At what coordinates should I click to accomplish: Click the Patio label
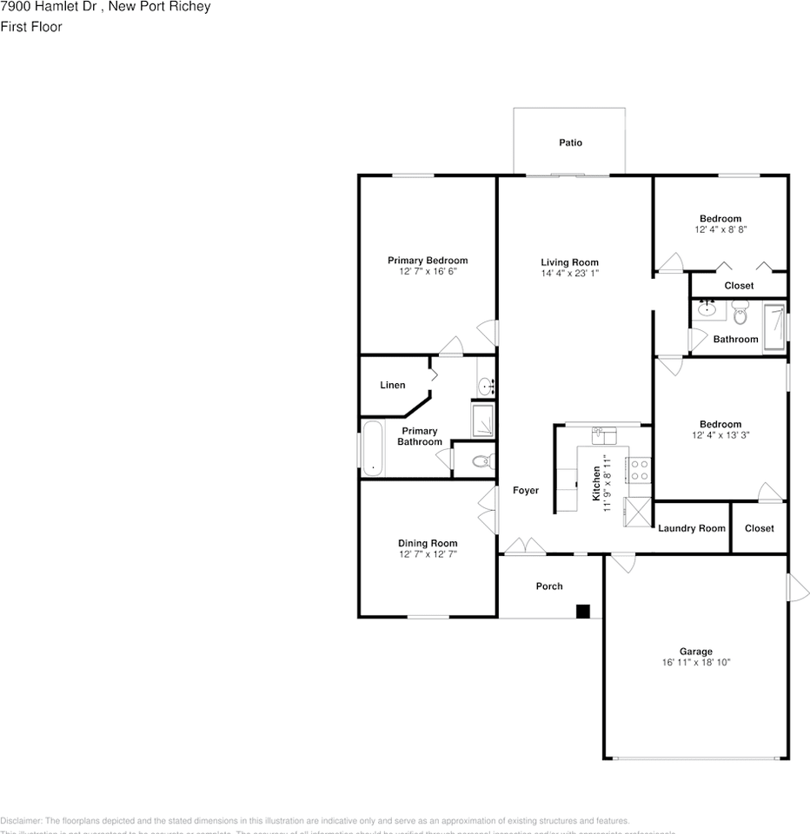pos(570,142)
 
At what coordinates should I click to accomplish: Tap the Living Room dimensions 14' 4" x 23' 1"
pos(570,273)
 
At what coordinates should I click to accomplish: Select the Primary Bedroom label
pos(428,260)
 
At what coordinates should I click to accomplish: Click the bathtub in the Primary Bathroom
pos(372,449)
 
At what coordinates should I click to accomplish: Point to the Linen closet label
pos(393,385)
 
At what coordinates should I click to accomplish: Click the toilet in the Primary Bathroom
pos(481,460)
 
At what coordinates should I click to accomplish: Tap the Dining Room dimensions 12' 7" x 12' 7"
pos(428,554)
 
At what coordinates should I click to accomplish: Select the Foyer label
pos(525,491)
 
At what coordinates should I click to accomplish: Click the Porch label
pos(549,586)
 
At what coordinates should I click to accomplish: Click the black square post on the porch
pos(583,611)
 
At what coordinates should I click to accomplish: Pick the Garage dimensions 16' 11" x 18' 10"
pos(695,662)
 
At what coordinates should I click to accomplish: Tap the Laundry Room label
pos(692,528)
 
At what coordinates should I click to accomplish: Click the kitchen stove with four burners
pos(640,471)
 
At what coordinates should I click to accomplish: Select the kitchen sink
pos(603,433)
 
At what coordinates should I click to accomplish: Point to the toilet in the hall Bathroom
pos(740,312)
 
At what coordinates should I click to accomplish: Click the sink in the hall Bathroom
pos(707,308)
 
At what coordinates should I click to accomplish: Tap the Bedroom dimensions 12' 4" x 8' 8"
pos(720,230)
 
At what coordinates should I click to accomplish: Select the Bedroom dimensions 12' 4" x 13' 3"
pos(720,435)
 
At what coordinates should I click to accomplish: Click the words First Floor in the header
pos(31,27)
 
